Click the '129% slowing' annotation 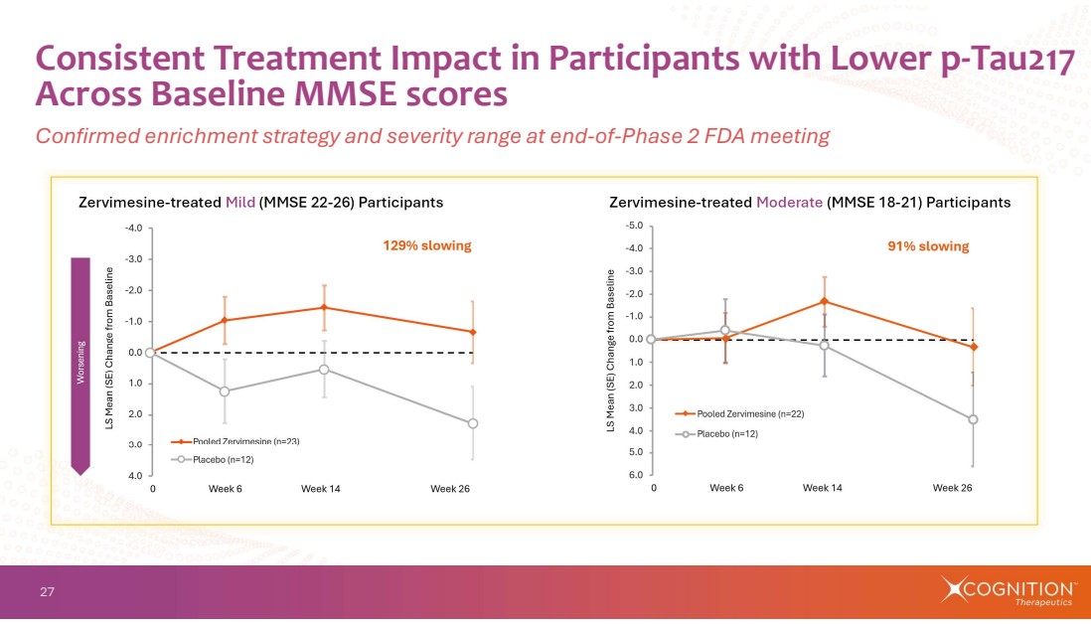point(427,245)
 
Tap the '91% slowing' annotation point(928,246)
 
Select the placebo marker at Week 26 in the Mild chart point(473,423)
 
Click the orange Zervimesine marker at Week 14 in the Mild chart point(323,307)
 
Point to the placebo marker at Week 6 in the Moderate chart point(725,331)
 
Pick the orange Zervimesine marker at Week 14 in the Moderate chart point(824,301)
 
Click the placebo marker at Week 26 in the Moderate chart point(973,419)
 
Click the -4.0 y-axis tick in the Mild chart point(132,228)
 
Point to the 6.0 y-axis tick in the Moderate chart point(635,475)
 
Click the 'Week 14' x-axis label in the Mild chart point(321,489)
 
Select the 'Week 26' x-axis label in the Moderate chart point(952,488)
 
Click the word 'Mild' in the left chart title point(240,203)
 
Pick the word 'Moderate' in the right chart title point(789,203)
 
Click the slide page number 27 point(47,593)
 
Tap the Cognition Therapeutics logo point(1006,590)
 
